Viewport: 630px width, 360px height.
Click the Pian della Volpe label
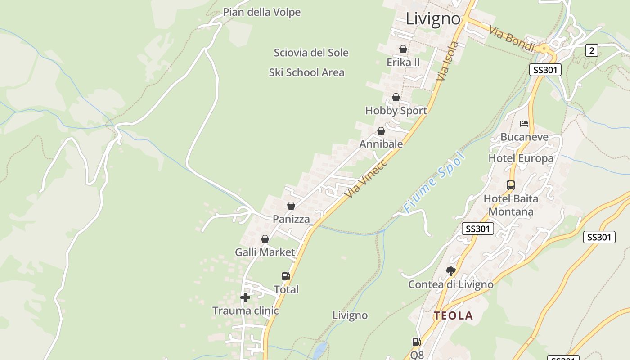point(261,12)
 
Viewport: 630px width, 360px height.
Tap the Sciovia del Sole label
point(311,53)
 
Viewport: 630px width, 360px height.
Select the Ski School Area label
point(306,72)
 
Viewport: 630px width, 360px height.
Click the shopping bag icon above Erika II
point(403,49)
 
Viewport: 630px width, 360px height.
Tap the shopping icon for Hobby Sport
point(396,97)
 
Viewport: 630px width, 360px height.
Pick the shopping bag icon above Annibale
point(381,131)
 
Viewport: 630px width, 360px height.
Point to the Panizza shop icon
point(291,206)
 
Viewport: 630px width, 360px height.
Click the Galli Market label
point(265,252)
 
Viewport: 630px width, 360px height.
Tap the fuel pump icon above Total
point(286,276)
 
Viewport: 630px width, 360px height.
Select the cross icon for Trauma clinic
point(245,297)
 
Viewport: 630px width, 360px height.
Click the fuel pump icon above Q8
point(417,342)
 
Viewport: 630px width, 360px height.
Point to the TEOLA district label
point(453,316)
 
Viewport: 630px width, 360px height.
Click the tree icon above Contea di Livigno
point(450,270)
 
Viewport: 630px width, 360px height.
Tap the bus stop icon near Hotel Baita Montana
point(510,185)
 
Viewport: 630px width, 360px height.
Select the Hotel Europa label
point(521,158)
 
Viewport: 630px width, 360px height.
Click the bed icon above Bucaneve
point(524,123)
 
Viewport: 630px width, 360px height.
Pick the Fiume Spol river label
point(434,182)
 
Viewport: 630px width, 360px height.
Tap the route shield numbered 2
point(591,50)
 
